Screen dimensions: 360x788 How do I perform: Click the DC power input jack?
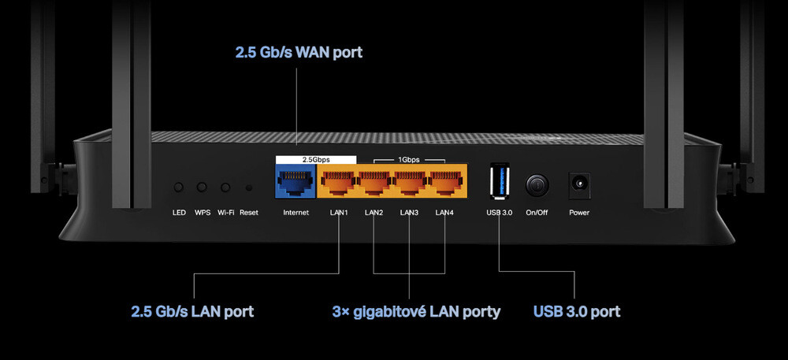(x=579, y=185)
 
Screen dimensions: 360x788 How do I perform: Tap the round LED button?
(x=179, y=187)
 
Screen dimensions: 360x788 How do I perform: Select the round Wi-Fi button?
(x=225, y=187)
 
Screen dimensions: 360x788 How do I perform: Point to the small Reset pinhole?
(x=249, y=188)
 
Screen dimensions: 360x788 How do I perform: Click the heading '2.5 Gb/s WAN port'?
(x=299, y=53)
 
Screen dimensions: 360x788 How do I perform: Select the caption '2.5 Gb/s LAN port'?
(x=192, y=311)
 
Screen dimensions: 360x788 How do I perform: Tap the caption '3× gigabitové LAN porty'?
(x=416, y=311)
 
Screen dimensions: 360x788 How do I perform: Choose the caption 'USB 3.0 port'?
(x=577, y=311)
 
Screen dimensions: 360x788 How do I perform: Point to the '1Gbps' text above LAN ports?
(x=409, y=159)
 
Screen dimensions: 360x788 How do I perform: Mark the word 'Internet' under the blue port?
(x=295, y=213)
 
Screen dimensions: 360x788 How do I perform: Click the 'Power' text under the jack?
(x=579, y=213)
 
